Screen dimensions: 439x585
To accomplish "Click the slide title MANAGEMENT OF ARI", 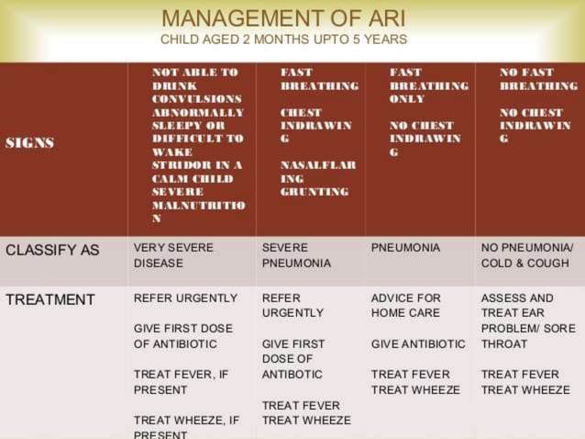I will pyautogui.click(x=283, y=18).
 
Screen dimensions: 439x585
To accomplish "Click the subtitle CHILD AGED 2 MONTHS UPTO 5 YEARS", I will pyautogui.click(x=283, y=40).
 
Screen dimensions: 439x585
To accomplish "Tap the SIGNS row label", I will pyautogui.click(x=30, y=143).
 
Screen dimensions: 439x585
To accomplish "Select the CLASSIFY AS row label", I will pyautogui.click(x=52, y=248).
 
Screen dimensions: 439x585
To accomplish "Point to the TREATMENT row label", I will pyautogui.click(x=50, y=299).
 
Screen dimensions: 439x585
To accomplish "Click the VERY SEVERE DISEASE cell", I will pyautogui.click(x=173, y=255).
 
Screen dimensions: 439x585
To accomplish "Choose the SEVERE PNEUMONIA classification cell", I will pyautogui.click(x=296, y=255).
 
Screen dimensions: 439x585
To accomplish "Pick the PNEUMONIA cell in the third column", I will pyautogui.click(x=405, y=248).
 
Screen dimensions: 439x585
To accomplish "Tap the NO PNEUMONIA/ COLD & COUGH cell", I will pyautogui.click(x=527, y=255).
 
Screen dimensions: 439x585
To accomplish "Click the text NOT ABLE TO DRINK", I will pyautogui.click(x=195, y=78).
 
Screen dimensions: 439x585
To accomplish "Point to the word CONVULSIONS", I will pyautogui.click(x=197, y=98).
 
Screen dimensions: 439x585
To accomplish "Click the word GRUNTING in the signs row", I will pyautogui.click(x=315, y=192).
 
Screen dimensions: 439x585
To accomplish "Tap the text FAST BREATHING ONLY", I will pyautogui.click(x=428, y=84).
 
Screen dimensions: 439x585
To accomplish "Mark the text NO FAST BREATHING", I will pyautogui.click(x=538, y=78).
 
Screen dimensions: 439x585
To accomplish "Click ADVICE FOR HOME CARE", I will pyautogui.click(x=405, y=306).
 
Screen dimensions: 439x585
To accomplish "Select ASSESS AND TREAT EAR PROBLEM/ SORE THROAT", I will pyautogui.click(x=528, y=321).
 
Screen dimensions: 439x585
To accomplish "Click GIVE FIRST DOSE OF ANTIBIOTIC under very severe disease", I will pyautogui.click(x=183, y=336).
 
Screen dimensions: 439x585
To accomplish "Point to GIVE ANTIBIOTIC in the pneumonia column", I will pyautogui.click(x=418, y=343).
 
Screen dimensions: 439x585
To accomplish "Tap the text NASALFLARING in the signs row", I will pyautogui.click(x=317, y=172).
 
